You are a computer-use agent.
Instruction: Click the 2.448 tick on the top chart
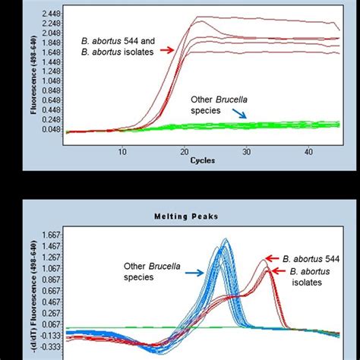(50, 14)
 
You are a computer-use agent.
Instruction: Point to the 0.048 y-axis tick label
(50, 131)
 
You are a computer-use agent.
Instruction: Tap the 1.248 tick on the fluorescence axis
(50, 73)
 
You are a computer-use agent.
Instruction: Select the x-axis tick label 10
(122, 152)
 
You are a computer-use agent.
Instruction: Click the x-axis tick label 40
(308, 152)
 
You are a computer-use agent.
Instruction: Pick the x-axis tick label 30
(246, 152)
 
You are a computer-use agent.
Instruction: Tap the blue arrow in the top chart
(240, 115)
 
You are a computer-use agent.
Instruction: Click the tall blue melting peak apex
(225, 241)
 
